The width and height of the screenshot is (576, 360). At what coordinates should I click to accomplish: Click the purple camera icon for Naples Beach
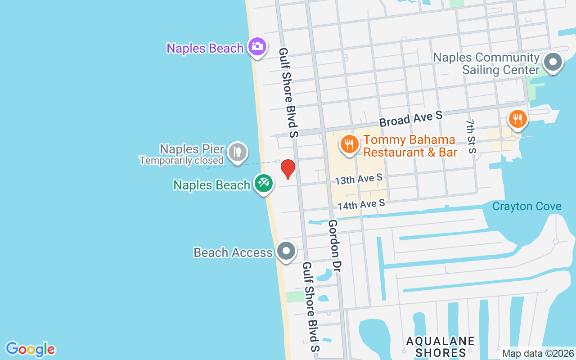pyautogui.click(x=257, y=46)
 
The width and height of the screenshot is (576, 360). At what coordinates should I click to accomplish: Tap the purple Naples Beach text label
pyautogui.click(x=205, y=48)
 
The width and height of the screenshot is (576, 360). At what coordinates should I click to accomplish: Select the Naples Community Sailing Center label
pyautogui.click(x=486, y=64)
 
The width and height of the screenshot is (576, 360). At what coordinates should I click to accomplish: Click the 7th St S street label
pyautogui.click(x=471, y=136)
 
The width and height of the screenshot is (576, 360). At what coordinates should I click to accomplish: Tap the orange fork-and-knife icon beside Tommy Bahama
pyautogui.click(x=349, y=144)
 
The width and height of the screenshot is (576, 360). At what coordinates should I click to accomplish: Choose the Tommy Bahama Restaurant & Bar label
pyautogui.click(x=410, y=146)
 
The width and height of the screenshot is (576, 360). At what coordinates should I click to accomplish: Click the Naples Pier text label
pyautogui.click(x=192, y=149)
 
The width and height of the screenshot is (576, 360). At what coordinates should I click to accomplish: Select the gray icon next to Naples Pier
pyautogui.click(x=237, y=151)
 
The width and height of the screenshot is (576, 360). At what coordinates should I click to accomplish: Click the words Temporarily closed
pyautogui.click(x=181, y=160)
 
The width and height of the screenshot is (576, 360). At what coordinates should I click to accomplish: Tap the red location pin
pyautogui.click(x=288, y=168)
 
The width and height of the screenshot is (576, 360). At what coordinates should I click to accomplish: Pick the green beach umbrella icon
pyautogui.click(x=263, y=183)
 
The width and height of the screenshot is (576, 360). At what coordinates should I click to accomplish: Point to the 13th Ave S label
pyautogui.click(x=359, y=180)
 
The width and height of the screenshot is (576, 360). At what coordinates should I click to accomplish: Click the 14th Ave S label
pyautogui.click(x=361, y=205)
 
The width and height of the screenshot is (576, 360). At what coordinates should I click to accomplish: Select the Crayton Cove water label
pyautogui.click(x=526, y=207)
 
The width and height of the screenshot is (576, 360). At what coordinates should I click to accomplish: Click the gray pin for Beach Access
pyautogui.click(x=286, y=251)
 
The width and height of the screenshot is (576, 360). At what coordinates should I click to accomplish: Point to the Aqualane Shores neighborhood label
pyautogui.click(x=440, y=346)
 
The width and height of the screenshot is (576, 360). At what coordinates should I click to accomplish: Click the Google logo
pyautogui.click(x=30, y=349)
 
